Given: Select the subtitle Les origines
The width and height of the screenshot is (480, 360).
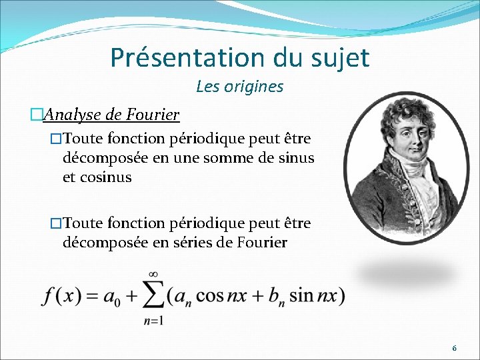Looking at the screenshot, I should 239,87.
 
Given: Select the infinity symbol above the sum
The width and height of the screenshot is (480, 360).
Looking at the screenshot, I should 153,274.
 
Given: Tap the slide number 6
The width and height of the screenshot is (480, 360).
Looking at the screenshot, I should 455,348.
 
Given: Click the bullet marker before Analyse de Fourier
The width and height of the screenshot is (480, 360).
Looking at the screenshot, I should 36,115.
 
